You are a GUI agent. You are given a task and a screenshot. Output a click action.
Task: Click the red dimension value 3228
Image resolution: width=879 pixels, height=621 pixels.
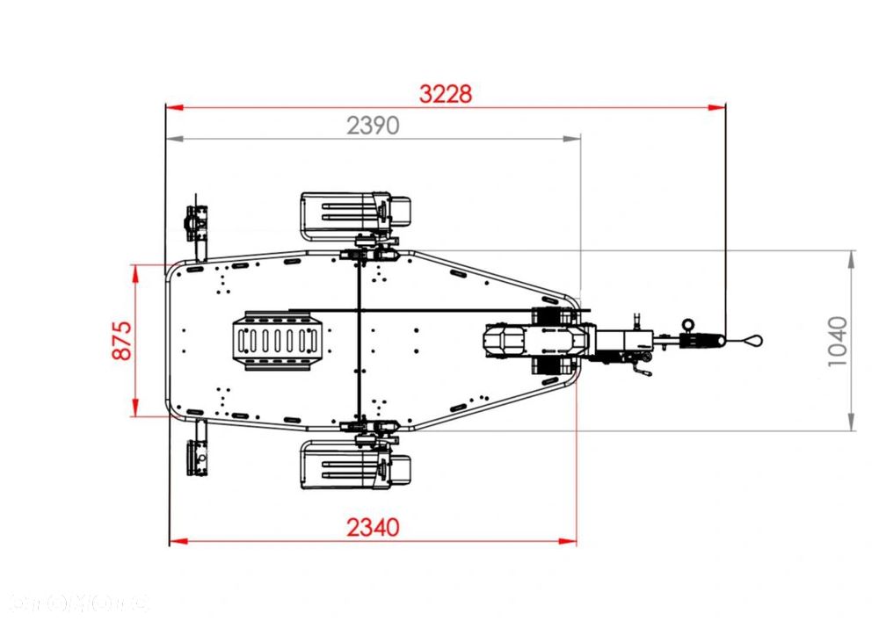[x=446, y=94]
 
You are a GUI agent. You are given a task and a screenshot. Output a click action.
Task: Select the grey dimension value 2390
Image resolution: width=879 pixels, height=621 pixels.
[x=373, y=126]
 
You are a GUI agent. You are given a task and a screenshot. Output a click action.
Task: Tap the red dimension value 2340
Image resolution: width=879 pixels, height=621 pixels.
[x=373, y=527]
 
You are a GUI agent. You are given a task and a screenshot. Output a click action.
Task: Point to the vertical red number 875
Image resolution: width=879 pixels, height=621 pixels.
[x=121, y=340]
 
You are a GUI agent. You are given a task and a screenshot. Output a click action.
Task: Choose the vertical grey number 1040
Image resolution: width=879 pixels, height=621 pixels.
[x=838, y=341]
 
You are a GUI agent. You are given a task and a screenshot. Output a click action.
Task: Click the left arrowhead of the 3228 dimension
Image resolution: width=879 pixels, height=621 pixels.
[x=174, y=108]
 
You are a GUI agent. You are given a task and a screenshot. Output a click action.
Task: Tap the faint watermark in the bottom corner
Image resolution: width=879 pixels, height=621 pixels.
[x=79, y=603]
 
